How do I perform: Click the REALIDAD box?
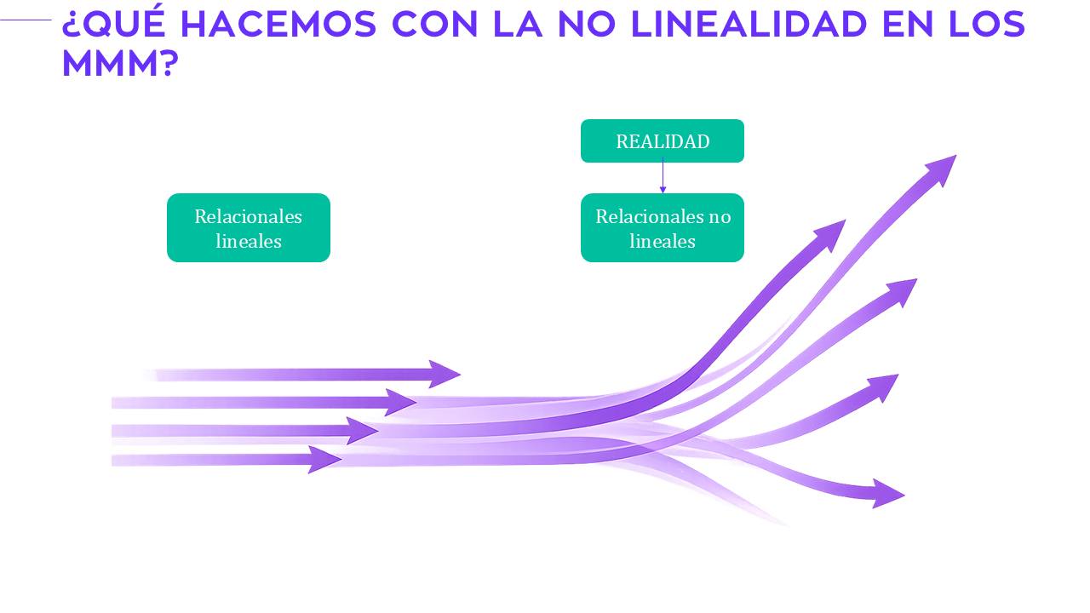662,141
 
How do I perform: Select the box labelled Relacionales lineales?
248,228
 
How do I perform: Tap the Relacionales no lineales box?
662,228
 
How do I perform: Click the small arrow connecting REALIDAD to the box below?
663,177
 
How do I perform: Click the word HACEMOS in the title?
278,26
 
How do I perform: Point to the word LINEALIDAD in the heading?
748,26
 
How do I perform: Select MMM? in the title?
118,65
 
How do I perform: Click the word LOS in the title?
987,26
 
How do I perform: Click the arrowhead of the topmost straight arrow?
445,374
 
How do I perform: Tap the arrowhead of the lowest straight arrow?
324,460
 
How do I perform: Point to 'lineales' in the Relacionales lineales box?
248,241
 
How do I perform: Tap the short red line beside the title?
26,20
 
